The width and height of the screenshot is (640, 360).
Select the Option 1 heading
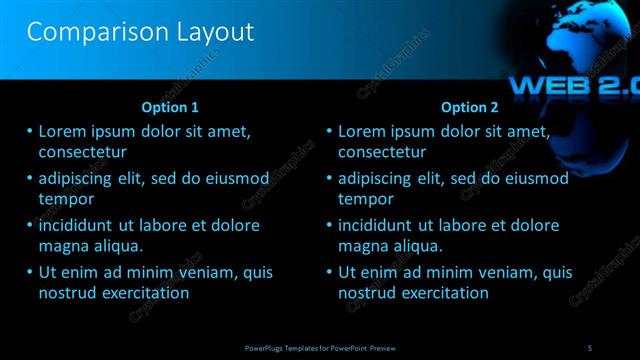pyautogui.click(x=171, y=107)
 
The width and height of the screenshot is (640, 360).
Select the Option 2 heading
pyautogui.click(x=470, y=107)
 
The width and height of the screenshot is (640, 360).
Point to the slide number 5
pyautogui.click(x=590, y=346)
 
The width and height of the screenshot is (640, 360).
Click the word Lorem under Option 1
pyautogui.click(x=64, y=131)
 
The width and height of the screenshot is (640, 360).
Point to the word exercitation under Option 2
pyautogui.click(x=443, y=293)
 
